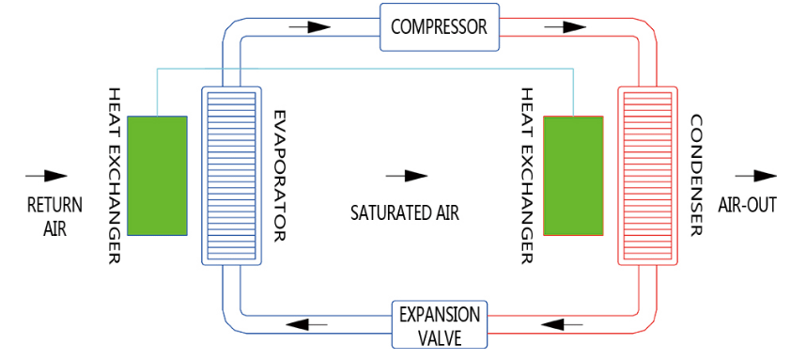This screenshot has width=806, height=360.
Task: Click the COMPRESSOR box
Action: click(440, 26)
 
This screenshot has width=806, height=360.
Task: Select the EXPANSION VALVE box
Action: click(440, 325)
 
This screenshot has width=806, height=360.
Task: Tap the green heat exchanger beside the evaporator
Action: click(157, 175)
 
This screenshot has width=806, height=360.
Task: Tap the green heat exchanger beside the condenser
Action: click(573, 175)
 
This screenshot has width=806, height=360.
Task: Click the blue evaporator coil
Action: click(230, 175)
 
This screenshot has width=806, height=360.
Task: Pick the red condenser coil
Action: click(645, 175)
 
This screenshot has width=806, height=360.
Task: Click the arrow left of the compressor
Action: click(310, 27)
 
